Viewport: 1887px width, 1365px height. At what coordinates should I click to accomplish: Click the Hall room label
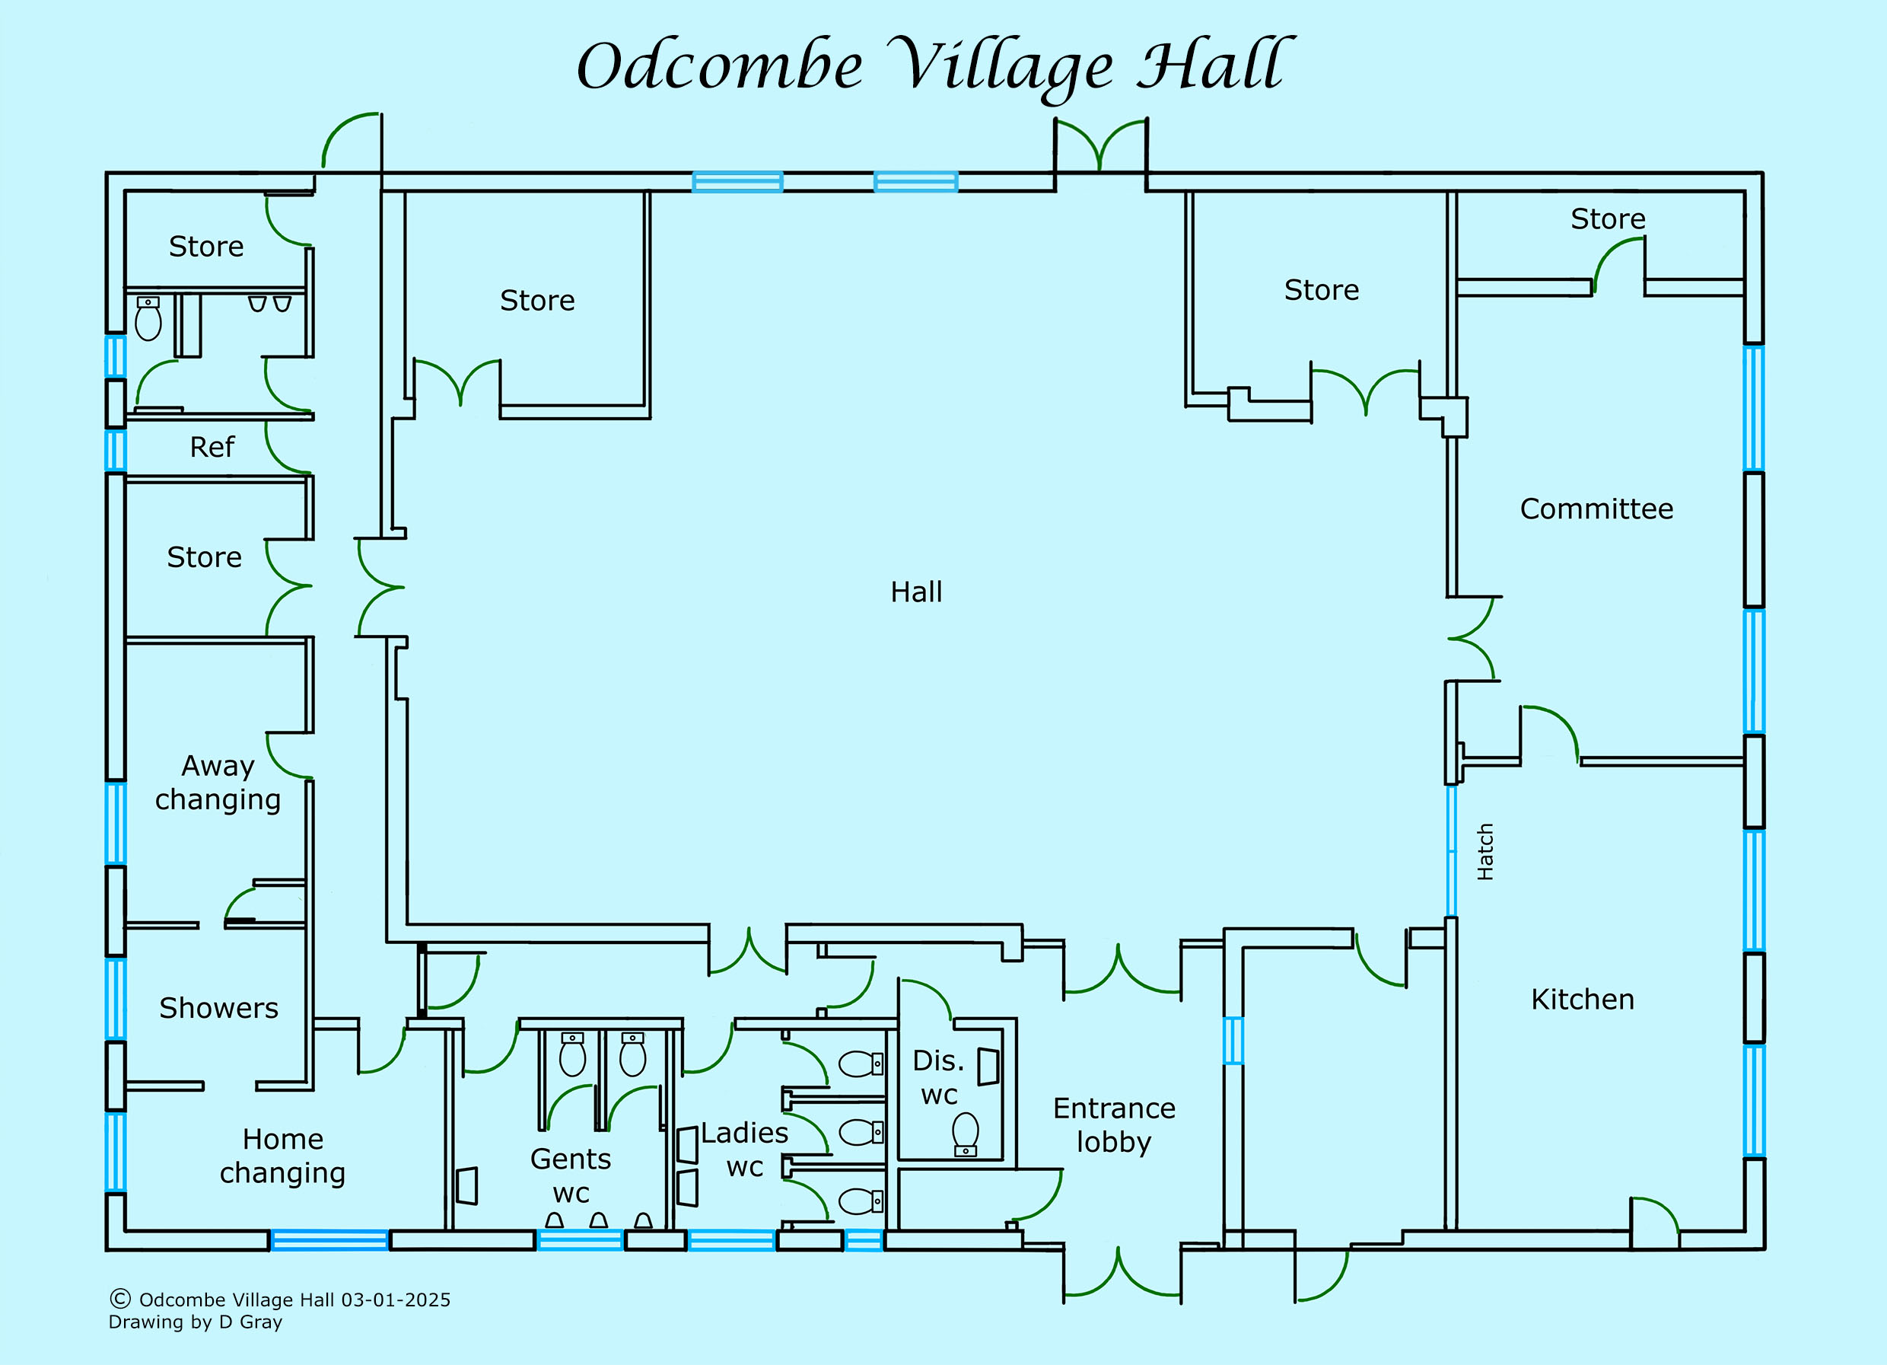916,592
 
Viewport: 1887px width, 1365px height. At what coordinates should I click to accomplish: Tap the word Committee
1596,509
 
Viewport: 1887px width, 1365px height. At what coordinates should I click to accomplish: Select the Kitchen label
1582,999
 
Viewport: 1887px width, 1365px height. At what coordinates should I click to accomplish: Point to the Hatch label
1485,851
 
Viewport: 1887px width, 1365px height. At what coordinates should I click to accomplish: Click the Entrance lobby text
1114,1125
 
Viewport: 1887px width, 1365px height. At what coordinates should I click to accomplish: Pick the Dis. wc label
938,1077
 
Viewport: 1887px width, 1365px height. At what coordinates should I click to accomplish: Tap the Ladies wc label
744,1150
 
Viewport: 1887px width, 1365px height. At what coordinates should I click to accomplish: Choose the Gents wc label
570,1175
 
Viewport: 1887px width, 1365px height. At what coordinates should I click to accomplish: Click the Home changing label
282,1155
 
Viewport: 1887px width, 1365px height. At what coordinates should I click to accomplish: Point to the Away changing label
217,783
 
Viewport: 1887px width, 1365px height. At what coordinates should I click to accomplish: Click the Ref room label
212,447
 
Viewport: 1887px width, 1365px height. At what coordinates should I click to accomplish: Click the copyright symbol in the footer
119,1299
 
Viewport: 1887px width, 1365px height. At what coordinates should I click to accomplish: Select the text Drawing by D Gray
196,1322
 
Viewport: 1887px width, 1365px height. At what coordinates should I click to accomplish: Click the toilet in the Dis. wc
965,1134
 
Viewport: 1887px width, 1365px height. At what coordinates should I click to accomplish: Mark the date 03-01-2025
395,1300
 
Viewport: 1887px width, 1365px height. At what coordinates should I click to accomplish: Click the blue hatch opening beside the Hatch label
1451,850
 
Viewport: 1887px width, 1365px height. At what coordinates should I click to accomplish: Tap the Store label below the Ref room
204,557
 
